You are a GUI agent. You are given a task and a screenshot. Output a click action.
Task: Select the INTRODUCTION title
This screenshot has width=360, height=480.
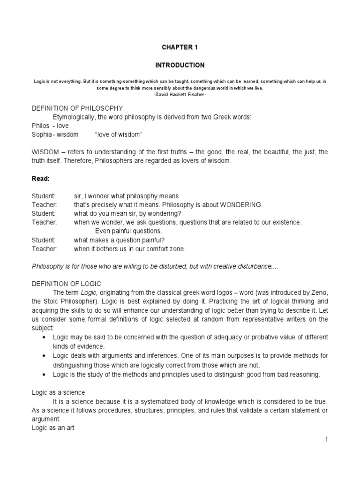(x=180, y=65)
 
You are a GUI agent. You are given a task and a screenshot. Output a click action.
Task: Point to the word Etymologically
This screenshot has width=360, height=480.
(x=75, y=117)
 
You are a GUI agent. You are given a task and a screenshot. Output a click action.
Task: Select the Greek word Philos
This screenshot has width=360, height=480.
(x=39, y=126)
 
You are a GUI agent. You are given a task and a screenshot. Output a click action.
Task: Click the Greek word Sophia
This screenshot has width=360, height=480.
(x=41, y=135)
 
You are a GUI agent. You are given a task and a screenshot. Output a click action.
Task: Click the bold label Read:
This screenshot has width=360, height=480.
(x=40, y=179)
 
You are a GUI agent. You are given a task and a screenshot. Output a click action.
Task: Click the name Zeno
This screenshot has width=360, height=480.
(x=317, y=292)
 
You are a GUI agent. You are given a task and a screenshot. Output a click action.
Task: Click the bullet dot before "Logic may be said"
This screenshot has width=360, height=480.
(x=44, y=337)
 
